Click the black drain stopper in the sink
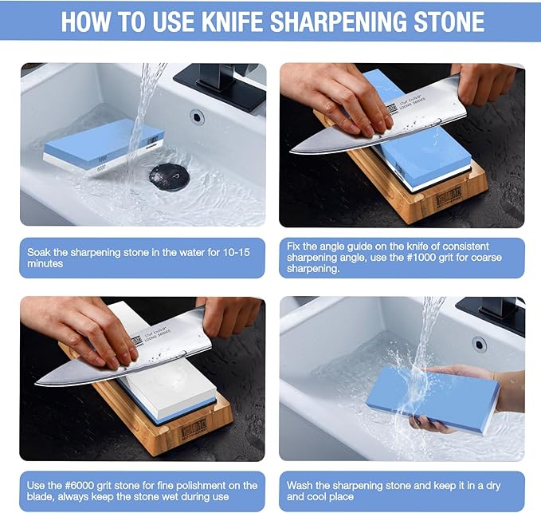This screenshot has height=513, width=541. (x=169, y=175)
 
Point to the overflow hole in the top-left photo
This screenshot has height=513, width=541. (x=197, y=117)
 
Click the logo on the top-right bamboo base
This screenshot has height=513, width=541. (x=449, y=195)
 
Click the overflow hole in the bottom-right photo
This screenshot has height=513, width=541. (x=478, y=344)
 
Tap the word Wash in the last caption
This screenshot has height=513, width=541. (x=302, y=485)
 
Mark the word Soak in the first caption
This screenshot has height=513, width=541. (x=41, y=251)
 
